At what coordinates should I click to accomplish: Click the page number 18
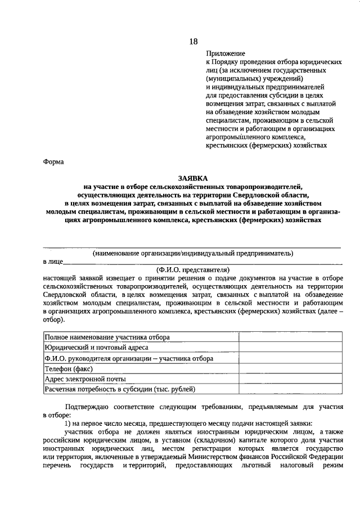[x=193, y=41]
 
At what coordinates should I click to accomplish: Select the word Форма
[x=53, y=162]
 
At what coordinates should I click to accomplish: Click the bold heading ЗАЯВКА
[x=192, y=177]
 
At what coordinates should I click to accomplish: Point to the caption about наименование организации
[x=192, y=253]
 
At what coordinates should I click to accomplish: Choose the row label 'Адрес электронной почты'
[x=85, y=379]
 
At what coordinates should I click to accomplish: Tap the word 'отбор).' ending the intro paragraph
[x=54, y=319]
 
